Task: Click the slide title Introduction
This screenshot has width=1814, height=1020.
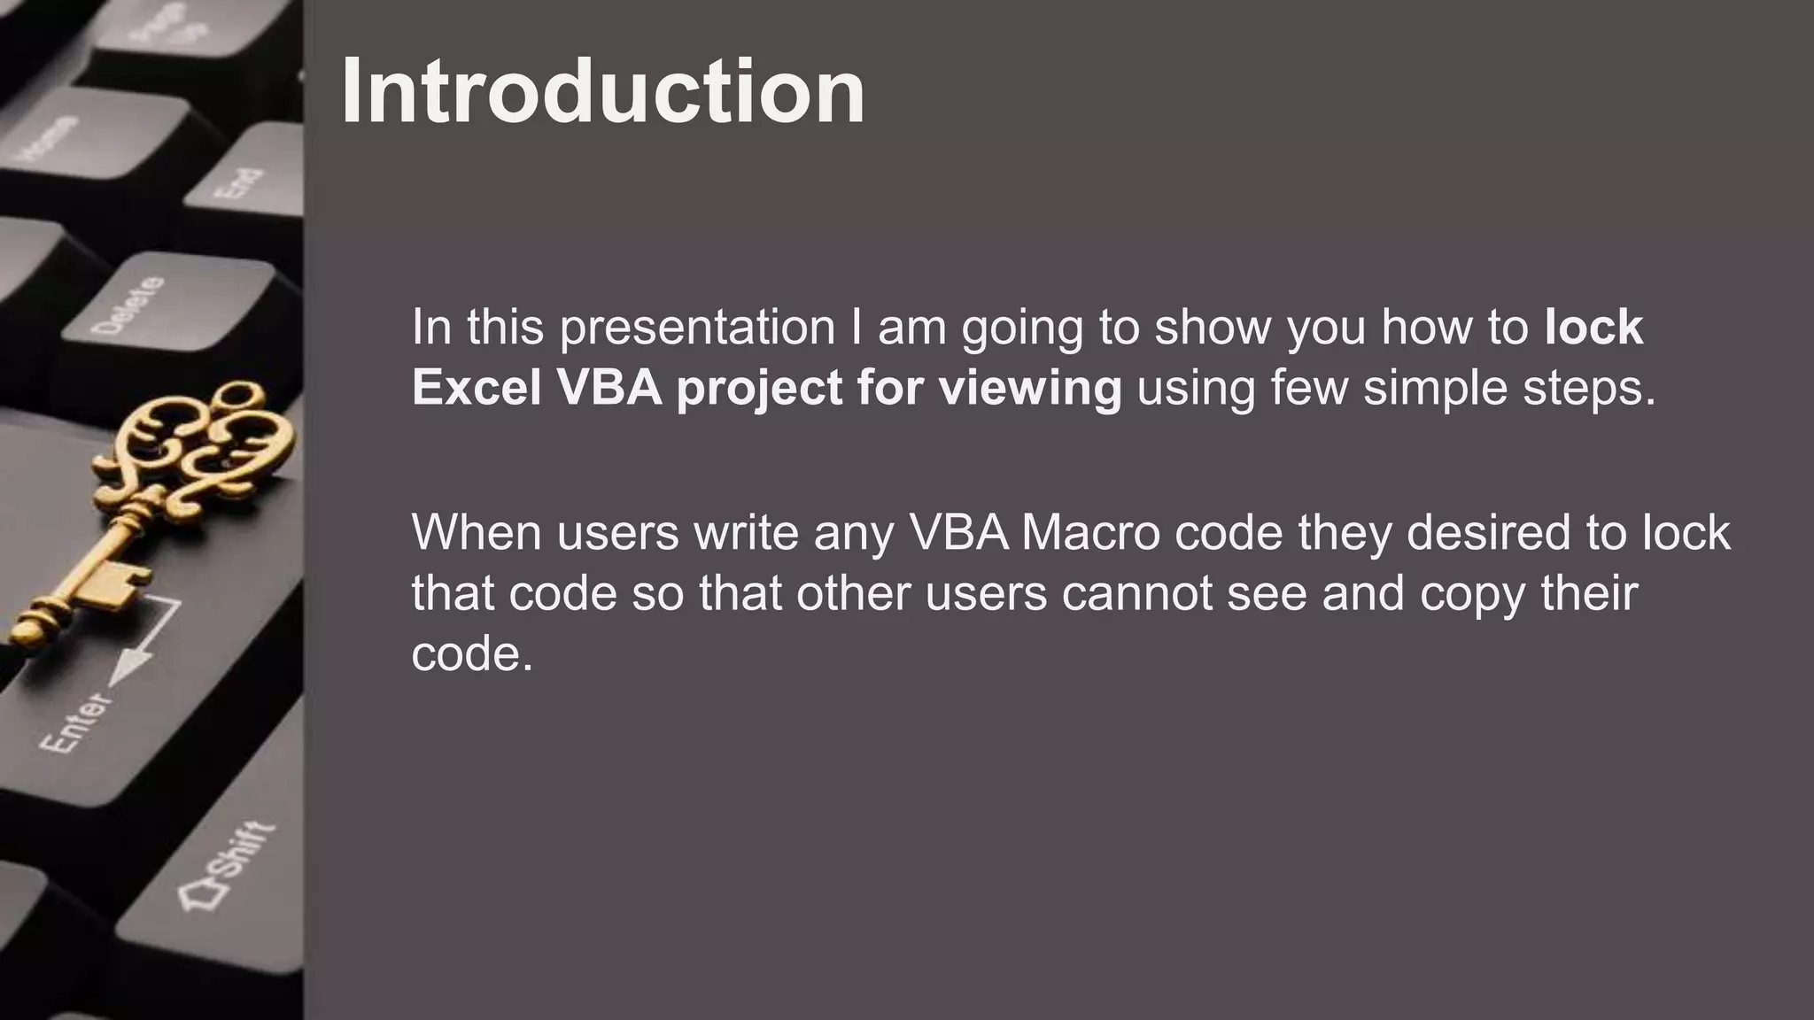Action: pyautogui.click(x=602, y=92)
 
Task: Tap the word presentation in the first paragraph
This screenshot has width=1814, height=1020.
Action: pyautogui.click(x=697, y=328)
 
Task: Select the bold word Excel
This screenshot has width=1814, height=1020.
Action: pyautogui.click(x=477, y=388)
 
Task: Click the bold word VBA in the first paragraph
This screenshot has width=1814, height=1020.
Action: pyautogui.click(x=609, y=388)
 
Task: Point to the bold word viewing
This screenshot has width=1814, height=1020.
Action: pyautogui.click(x=1030, y=388)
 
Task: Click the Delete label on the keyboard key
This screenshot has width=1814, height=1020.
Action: pyautogui.click(x=129, y=305)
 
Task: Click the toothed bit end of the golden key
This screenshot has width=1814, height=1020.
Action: pyautogui.click(x=111, y=585)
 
